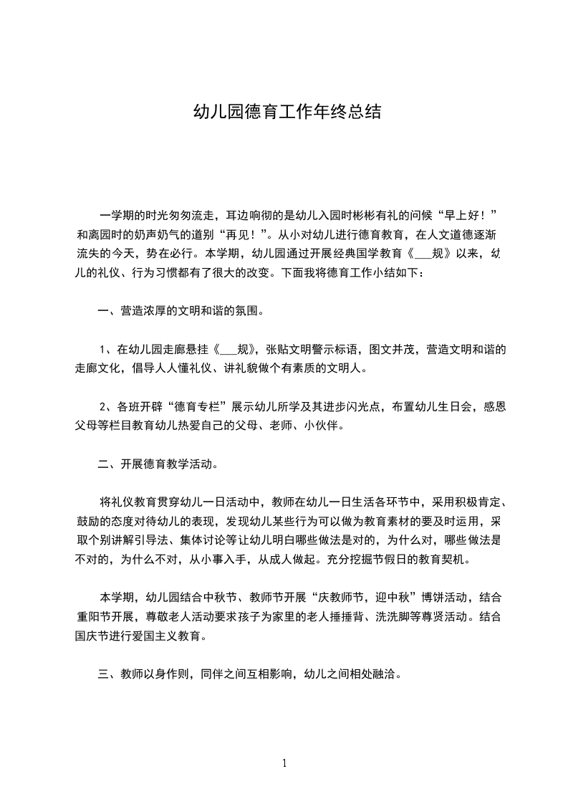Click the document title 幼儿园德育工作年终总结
click(x=287, y=112)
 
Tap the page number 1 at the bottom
click(x=284, y=763)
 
